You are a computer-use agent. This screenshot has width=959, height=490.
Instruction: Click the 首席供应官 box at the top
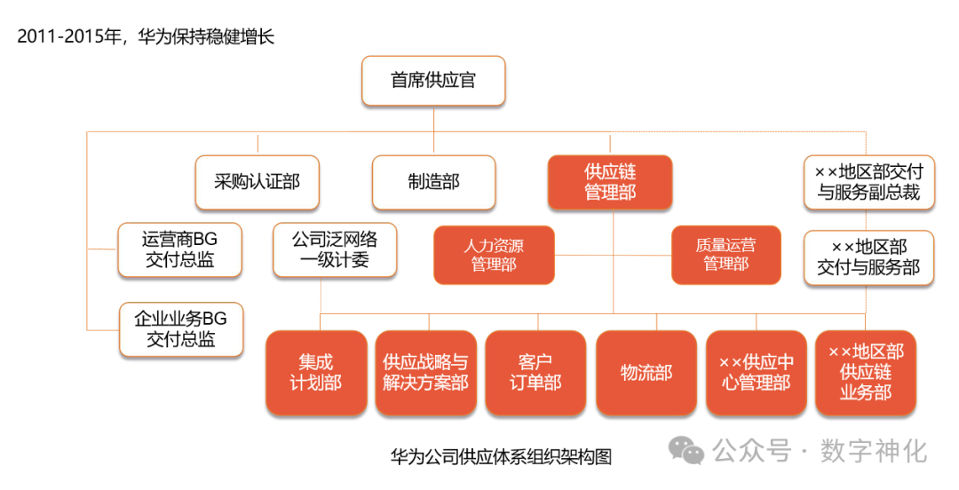click(x=433, y=81)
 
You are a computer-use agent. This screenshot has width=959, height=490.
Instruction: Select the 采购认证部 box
click(x=257, y=182)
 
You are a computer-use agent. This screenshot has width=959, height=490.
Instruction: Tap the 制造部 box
click(x=433, y=182)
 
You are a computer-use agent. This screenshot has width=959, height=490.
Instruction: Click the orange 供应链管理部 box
click(x=610, y=182)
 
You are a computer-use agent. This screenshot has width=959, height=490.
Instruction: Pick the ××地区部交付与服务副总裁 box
click(x=868, y=182)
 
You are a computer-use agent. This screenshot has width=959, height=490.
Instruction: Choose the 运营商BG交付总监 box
click(x=179, y=249)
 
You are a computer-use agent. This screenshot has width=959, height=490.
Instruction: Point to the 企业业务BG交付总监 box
click(x=181, y=329)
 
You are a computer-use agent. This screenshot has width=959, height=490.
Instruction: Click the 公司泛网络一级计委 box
click(x=335, y=249)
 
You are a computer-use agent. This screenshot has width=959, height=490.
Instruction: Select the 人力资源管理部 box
click(x=494, y=255)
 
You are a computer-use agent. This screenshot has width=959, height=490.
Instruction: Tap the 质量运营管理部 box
click(x=725, y=255)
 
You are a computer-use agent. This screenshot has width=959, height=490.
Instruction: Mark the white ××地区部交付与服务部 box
click(x=868, y=257)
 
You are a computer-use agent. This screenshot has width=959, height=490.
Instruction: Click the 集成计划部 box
click(x=315, y=373)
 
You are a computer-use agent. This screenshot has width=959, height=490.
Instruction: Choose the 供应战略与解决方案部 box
click(x=425, y=373)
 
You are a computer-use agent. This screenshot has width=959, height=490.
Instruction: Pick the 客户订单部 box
click(x=535, y=373)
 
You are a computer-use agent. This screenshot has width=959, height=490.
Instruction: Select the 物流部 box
click(x=646, y=373)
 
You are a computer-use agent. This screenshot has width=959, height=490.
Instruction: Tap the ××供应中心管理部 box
click(x=756, y=373)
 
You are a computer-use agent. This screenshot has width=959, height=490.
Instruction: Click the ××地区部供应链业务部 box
click(x=866, y=373)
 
